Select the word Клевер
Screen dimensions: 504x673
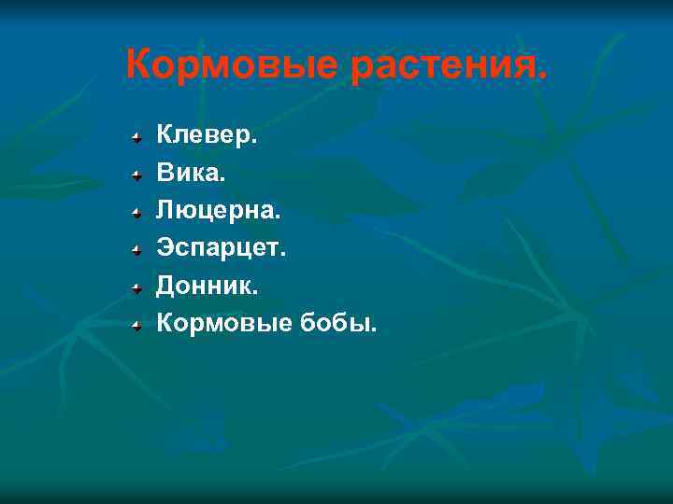[206, 135]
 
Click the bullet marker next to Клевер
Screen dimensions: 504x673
[136, 137]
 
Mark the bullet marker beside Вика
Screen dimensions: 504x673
[136, 175]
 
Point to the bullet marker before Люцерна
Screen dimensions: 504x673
[136, 212]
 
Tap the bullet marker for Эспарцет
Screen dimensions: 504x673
[136, 249]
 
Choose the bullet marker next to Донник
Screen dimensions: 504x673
[136, 287]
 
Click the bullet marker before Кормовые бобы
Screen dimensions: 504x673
[136, 325]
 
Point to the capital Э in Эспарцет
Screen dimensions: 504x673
[165, 247]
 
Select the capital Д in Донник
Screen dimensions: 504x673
[166, 285]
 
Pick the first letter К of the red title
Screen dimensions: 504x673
[138, 65]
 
